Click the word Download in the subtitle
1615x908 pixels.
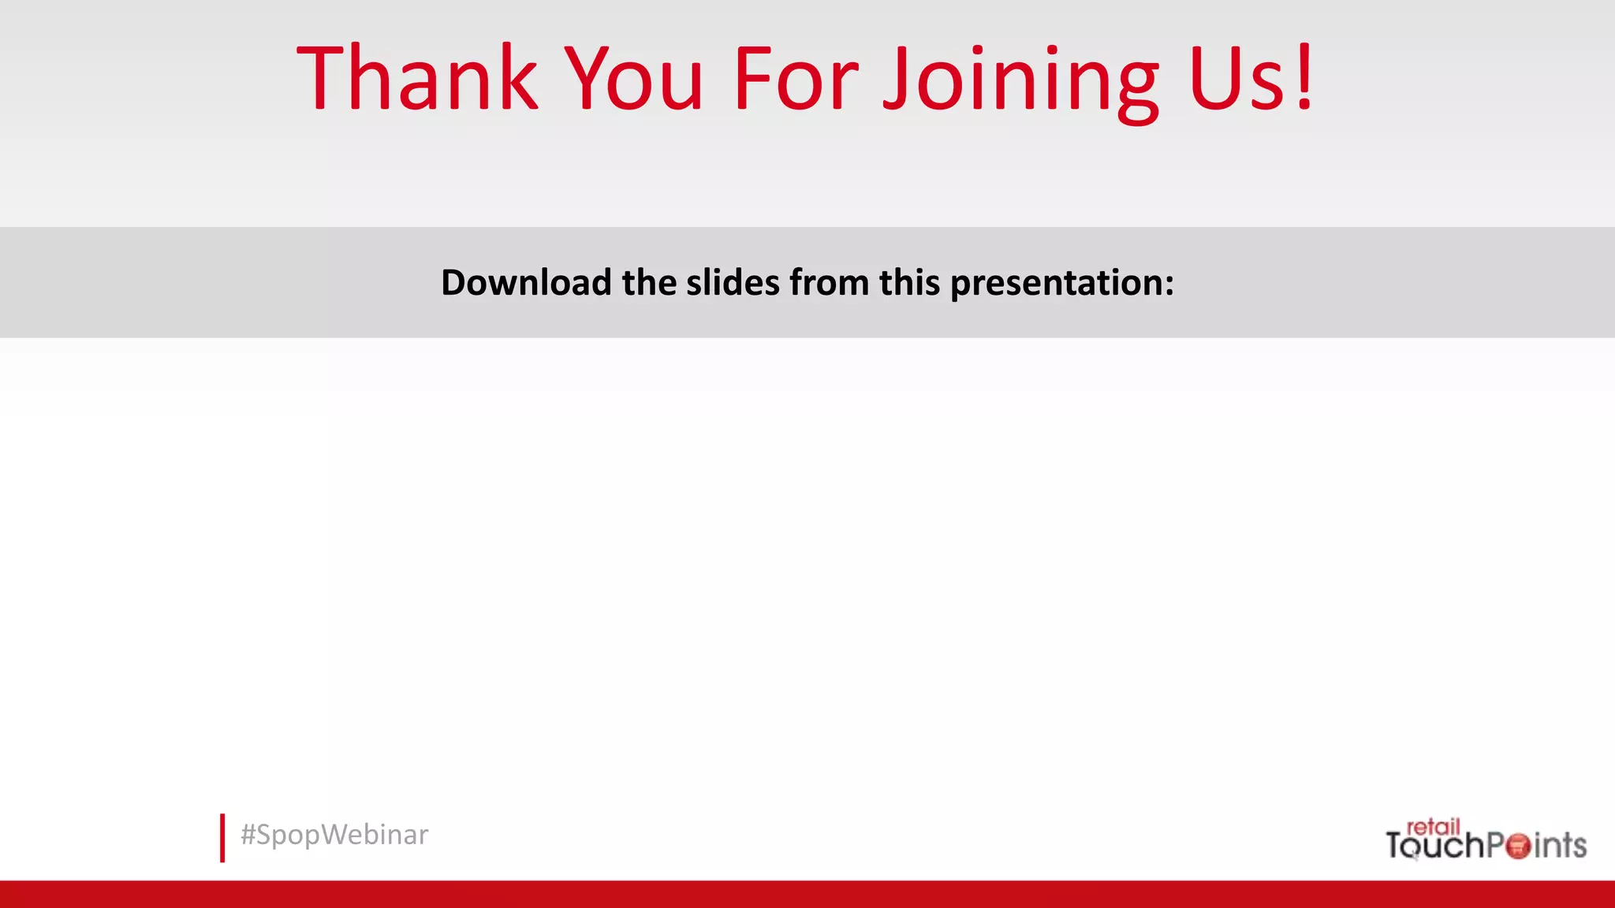[x=526, y=282]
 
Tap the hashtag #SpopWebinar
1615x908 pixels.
[x=334, y=835]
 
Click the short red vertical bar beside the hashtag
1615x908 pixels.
[x=222, y=838]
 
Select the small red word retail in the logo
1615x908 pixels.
[x=1433, y=827]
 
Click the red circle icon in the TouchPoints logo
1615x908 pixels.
[x=1517, y=846]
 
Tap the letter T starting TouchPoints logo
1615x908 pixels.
[x=1397, y=846]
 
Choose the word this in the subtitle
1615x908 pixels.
[x=909, y=282]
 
